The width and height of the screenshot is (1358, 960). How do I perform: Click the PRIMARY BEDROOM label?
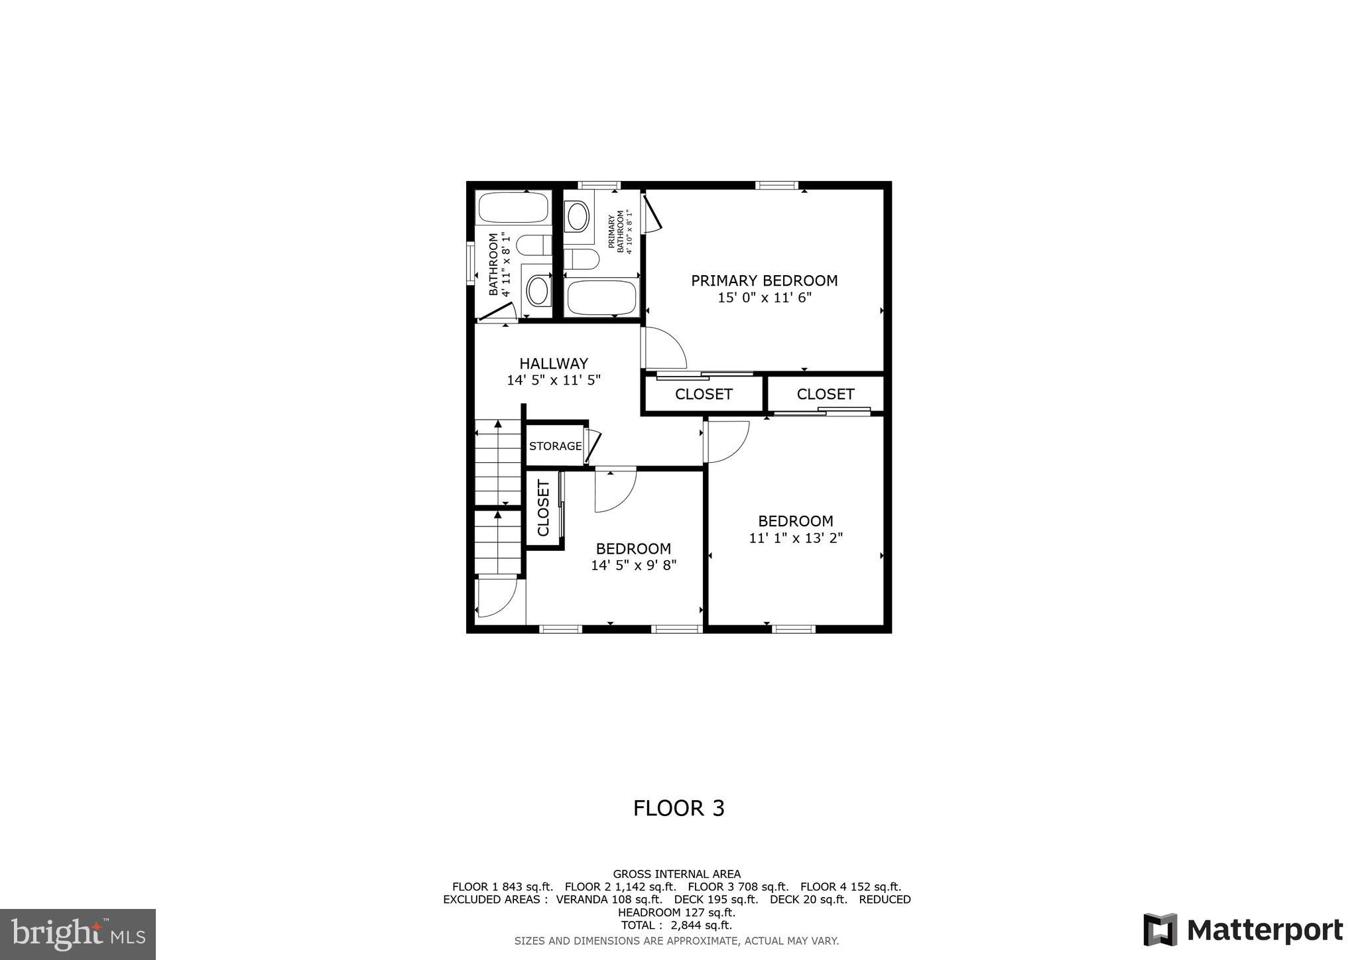pos(764,280)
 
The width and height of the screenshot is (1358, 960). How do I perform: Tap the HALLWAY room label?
pos(553,363)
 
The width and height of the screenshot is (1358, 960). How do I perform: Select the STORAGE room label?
pos(555,446)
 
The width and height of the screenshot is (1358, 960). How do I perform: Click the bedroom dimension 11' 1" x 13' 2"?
pos(795,538)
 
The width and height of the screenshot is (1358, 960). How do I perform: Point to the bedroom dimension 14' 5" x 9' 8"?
pos(633,566)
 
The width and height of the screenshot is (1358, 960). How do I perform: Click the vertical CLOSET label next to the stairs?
pos(544,509)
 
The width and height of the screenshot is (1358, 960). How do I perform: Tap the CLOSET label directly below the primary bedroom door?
pos(703,394)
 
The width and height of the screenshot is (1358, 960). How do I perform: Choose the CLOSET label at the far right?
pos(825,394)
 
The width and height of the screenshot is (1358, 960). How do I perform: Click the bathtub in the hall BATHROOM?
pos(513,208)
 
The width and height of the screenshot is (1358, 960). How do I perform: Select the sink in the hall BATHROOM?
pos(538,290)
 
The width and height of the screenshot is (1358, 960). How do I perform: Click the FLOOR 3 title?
pos(678,808)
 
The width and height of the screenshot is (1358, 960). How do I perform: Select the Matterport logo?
pos(1243,930)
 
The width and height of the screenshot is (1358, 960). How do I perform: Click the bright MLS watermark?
pos(78,933)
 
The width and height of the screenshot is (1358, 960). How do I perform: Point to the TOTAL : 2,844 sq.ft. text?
pos(676,925)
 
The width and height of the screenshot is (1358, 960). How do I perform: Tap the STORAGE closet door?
pos(591,446)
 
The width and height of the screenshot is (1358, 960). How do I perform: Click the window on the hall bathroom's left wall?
pos(470,263)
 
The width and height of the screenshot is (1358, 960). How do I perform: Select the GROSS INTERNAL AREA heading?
pos(676,874)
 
